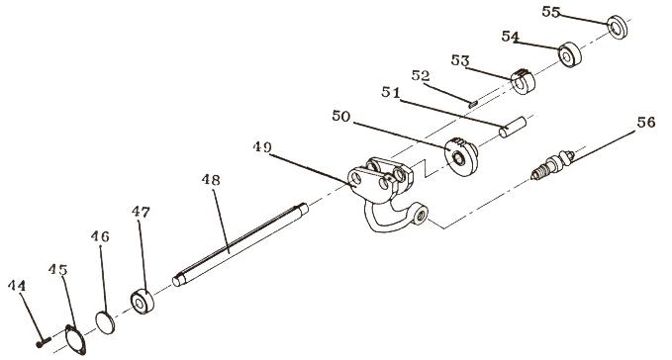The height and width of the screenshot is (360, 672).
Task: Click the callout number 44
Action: click(17, 286)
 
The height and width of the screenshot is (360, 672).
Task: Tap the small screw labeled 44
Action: click(44, 341)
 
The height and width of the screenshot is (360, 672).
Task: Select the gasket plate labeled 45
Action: click(75, 340)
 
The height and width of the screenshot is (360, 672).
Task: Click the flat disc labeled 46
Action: click(105, 322)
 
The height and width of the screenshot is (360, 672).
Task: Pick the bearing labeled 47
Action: click(143, 302)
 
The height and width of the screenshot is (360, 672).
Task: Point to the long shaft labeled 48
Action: click(240, 244)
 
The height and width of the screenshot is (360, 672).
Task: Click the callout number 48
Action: click(211, 180)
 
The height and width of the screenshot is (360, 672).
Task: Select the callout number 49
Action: click(262, 146)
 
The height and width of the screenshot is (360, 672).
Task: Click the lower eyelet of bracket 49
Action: click(421, 215)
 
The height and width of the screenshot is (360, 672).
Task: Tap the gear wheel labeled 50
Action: click(461, 156)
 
